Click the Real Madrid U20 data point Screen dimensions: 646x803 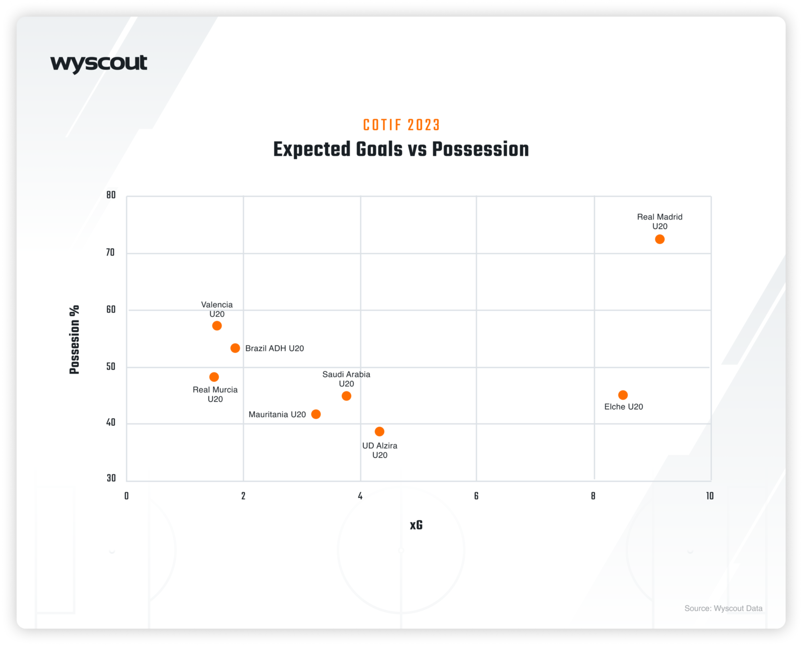659,239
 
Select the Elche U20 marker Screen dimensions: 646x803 623,395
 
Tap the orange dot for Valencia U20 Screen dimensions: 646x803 217,326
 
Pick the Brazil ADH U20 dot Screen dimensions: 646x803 235,348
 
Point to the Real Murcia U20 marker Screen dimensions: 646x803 214,377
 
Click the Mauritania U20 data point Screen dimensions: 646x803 316,414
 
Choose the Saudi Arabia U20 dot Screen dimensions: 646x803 346,396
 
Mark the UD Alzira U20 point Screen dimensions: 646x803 379,432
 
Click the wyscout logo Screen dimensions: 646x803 99,64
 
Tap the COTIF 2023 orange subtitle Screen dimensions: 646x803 401,125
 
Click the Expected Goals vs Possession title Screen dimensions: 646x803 401,149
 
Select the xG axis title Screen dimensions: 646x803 416,525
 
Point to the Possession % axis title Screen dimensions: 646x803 75,340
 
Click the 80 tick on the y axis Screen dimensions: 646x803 111,195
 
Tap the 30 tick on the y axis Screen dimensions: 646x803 111,478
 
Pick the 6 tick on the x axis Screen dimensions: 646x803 476,496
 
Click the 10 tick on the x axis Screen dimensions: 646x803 710,496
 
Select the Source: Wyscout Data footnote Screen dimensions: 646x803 723,608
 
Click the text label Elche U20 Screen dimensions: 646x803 623,406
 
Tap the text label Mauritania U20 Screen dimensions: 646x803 277,414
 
